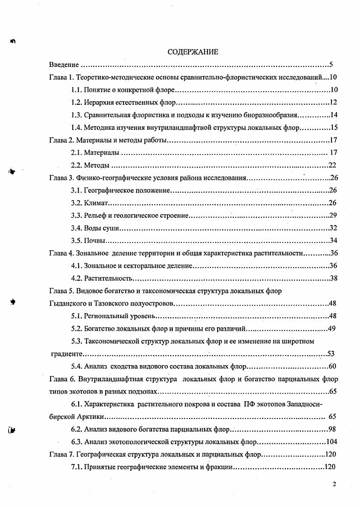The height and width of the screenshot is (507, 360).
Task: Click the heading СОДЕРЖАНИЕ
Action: (x=193, y=52)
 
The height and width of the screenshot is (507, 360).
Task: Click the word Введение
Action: (x=64, y=65)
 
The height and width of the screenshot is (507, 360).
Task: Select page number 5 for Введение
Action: (x=331, y=65)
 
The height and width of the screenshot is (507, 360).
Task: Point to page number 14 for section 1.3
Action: (x=334, y=115)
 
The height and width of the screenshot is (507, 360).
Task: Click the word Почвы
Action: (x=95, y=240)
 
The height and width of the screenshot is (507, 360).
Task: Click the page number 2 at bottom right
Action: (x=334, y=485)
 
